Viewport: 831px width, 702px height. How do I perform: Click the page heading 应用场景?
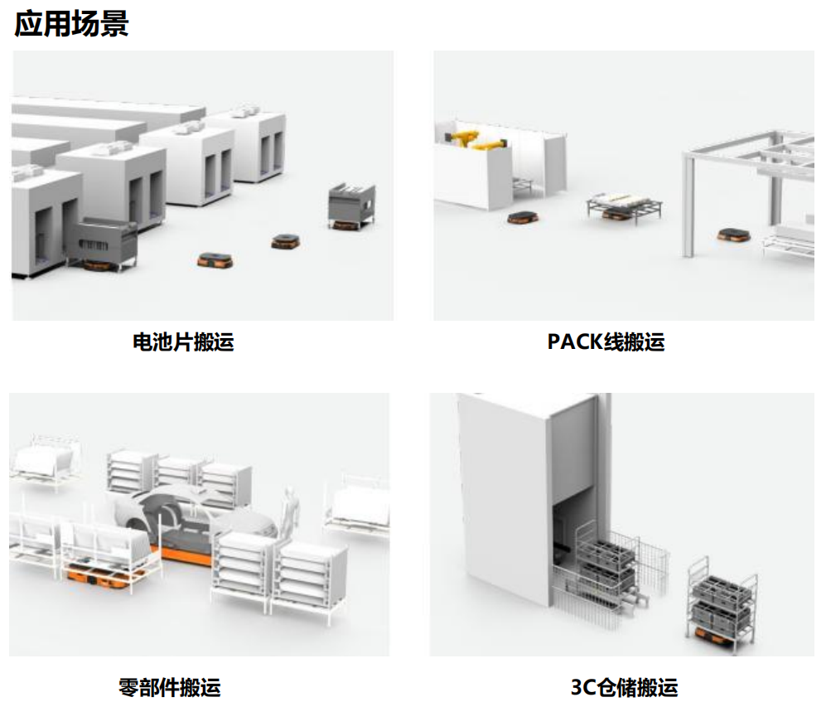[71, 23]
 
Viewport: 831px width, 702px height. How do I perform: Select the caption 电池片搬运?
[183, 341]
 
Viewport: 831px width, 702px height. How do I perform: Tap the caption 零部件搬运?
[170, 686]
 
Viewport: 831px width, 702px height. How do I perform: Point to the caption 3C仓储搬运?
[624, 686]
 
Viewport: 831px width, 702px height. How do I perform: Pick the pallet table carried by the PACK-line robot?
[624, 204]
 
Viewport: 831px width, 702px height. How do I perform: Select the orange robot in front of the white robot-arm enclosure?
[520, 218]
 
